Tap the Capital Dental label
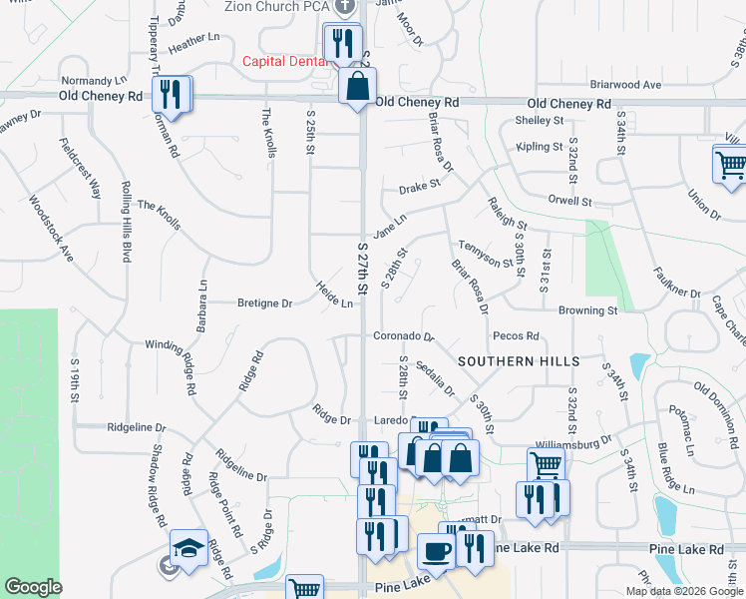point(285,61)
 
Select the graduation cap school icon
point(188,548)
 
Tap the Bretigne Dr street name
point(264,302)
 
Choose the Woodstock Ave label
point(51,230)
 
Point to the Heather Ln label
point(193,42)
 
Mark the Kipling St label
point(540,147)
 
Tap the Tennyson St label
point(492,256)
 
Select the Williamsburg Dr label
point(572,440)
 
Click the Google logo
point(34,587)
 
